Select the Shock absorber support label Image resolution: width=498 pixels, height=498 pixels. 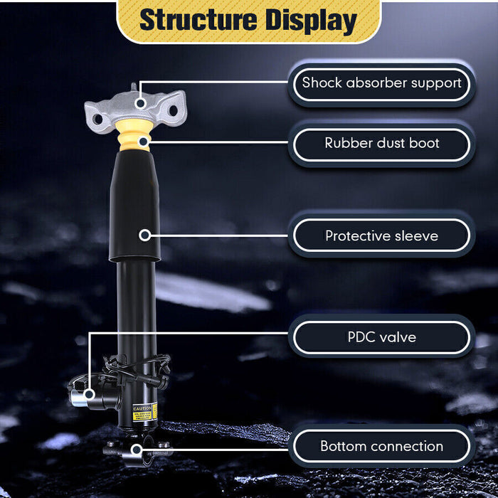pyautogui.click(x=381, y=83)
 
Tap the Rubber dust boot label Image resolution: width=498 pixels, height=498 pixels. pyautogui.click(x=381, y=144)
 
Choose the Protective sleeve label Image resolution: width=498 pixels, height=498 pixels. pyautogui.click(x=381, y=235)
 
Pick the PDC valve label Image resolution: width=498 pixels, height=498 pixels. pyautogui.click(x=381, y=337)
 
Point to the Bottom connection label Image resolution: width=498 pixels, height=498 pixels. pyautogui.click(x=381, y=447)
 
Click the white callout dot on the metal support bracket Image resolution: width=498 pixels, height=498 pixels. pyautogui.click(x=141, y=103)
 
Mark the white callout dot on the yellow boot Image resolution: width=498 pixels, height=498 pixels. pyautogui.click(x=144, y=142)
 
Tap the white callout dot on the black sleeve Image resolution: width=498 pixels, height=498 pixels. pyautogui.click(x=144, y=233)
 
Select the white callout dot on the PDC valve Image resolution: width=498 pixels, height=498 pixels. pyautogui.click(x=89, y=393)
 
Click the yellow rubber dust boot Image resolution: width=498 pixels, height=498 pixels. pyautogui.click(x=134, y=135)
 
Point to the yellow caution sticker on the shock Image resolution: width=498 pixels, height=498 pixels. pyautogui.click(x=144, y=412)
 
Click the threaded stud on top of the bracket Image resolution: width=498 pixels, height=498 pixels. pyautogui.click(x=132, y=89)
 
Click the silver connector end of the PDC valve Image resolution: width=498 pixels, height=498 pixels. pyautogui.click(x=77, y=398)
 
